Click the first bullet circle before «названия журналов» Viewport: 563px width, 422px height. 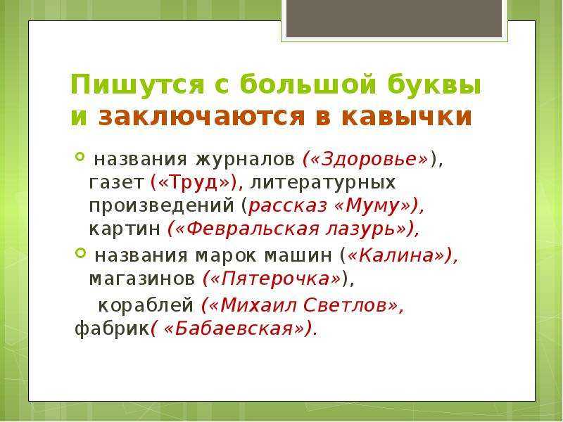80,156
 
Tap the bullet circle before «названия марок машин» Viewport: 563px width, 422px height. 80,252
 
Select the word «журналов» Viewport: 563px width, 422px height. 245,160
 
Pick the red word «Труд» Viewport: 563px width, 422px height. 194,182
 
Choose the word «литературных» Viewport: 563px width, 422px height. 323,183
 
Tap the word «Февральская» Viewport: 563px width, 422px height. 253,229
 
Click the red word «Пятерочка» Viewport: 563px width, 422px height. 275,279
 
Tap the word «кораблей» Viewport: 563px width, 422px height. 146,305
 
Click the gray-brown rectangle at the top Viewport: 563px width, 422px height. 394,18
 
